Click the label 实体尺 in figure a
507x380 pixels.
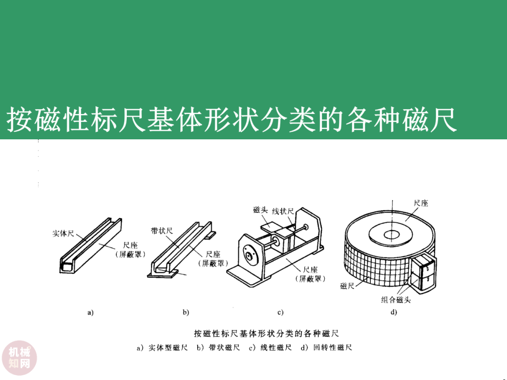pos(63,233)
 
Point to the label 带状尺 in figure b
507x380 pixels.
pos(161,231)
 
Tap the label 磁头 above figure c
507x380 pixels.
pos(260,210)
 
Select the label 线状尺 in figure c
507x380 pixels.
pos(283,211)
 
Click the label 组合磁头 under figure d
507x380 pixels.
pos(396,300)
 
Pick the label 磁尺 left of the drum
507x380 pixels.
pos(347,286)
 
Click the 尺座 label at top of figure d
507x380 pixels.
pos(421,203)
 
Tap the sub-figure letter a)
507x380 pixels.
pos(91,312)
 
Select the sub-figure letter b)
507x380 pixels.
pos(185,312)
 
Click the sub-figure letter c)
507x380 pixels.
pos(280,312)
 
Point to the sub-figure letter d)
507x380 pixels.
pos(393,312)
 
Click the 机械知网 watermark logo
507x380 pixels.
pos(19,358)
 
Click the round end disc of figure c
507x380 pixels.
pos(249,255)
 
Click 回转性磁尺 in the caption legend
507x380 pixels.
pos(332,348)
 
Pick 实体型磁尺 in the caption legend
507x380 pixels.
pos(168,348)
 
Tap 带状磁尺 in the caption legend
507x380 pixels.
pos(224,348)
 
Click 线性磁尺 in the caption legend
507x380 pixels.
pos(276,348)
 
